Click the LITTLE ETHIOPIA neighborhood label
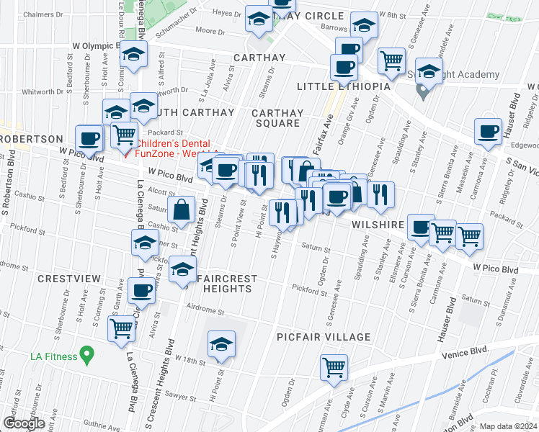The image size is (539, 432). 344,86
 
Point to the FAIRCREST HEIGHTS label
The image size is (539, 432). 223,283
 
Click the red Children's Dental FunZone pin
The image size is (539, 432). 128,151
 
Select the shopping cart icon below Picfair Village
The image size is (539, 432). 334,366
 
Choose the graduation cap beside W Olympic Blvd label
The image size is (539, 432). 133,54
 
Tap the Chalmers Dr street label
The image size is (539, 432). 45,14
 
